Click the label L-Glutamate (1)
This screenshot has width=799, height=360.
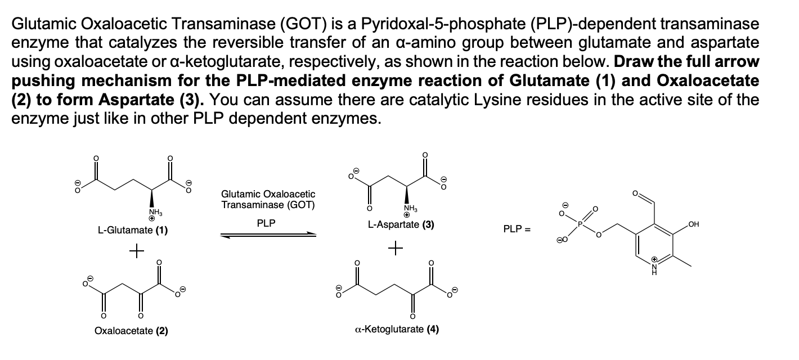[x=132, y=231]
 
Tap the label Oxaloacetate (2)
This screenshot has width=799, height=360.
[x=131, y=330]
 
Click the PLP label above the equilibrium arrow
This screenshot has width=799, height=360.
[x=266, y=223]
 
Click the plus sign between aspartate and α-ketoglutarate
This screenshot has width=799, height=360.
[x=398, y=247]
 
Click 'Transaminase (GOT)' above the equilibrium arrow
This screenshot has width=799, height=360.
[x=268, y=204]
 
